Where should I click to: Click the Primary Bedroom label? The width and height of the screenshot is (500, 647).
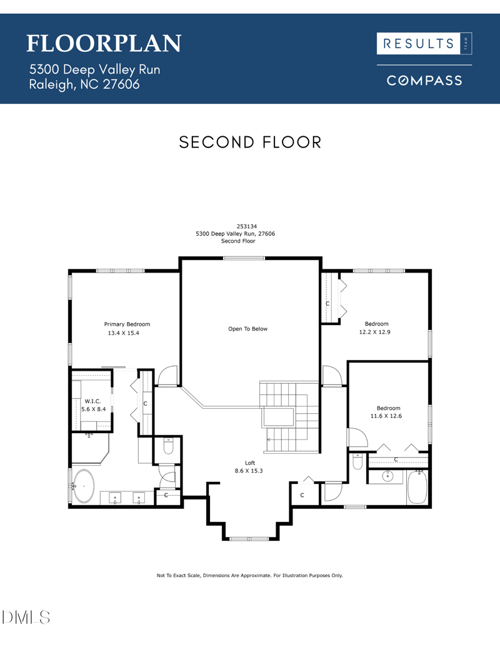pos(127,324)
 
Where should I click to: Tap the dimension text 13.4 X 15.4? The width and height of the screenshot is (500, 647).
pos(123,334)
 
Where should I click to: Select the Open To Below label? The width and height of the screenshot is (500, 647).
pos(247,329)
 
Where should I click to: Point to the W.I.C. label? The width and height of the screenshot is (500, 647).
pos(93,401)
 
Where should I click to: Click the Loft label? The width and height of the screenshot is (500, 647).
pos(249,463)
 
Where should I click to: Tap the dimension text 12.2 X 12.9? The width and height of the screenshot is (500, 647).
pos(374,333)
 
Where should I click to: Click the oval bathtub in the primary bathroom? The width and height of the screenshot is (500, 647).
pos(83,486)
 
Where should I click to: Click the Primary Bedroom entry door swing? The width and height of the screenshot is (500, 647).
pos(167,376)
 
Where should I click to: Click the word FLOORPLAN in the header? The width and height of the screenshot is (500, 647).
pos(104,43)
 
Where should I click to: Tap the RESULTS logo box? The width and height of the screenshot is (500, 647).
pos(424,43)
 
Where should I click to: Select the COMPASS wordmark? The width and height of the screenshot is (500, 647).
pos(424,81)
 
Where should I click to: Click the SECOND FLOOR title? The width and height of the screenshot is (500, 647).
pos(250,143)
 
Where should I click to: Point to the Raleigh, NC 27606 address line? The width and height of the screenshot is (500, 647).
pos(84,84)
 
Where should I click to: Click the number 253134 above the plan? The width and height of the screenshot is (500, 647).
pos(247,226)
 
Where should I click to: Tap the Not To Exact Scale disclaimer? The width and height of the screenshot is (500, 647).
pos(249,575)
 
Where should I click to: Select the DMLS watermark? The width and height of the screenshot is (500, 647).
pos(26,618)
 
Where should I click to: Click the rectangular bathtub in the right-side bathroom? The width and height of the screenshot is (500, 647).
pos(416,488)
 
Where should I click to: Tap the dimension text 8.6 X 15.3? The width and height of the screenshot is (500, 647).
pos(249,471)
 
